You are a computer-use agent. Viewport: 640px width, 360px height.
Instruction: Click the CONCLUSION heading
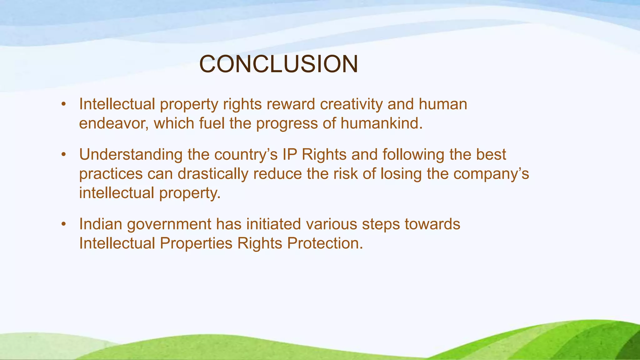tap(278, 64)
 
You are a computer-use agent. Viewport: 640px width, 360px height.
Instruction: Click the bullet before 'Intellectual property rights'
tap(64, 104)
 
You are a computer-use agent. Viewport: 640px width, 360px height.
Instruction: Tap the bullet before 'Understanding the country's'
tap(64, 155)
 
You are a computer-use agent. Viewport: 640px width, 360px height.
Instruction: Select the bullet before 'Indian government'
tap(64, 224)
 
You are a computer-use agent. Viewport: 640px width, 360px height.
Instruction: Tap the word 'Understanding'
tap(131, 155)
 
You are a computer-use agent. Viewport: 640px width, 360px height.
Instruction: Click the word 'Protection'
tap(325, 243)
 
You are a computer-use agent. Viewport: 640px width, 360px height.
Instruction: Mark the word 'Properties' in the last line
tap(196, 243)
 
